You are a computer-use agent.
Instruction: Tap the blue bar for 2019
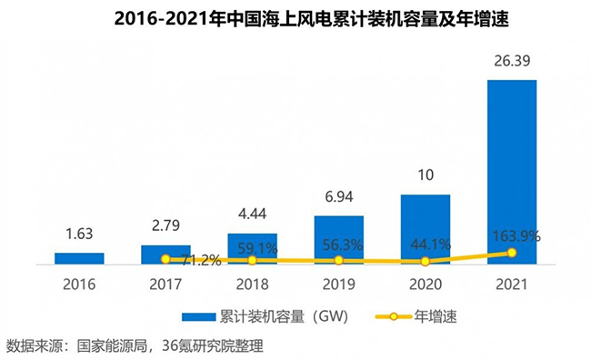[338, 240]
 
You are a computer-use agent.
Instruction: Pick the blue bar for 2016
[79, 258]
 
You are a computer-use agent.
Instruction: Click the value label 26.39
[512, 64]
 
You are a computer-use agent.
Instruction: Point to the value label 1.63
[79, 234]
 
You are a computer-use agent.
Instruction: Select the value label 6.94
[338, 197]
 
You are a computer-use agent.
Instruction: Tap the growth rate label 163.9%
[514, 235]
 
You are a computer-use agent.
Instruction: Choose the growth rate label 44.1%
[426, 244]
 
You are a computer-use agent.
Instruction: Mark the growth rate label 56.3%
[339, 244]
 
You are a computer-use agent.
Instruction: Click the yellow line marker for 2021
[512, 252]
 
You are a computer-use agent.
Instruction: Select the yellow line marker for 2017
[165, 259]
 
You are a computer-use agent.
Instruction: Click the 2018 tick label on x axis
[252, 283]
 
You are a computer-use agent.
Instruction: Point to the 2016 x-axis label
[79, 283]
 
